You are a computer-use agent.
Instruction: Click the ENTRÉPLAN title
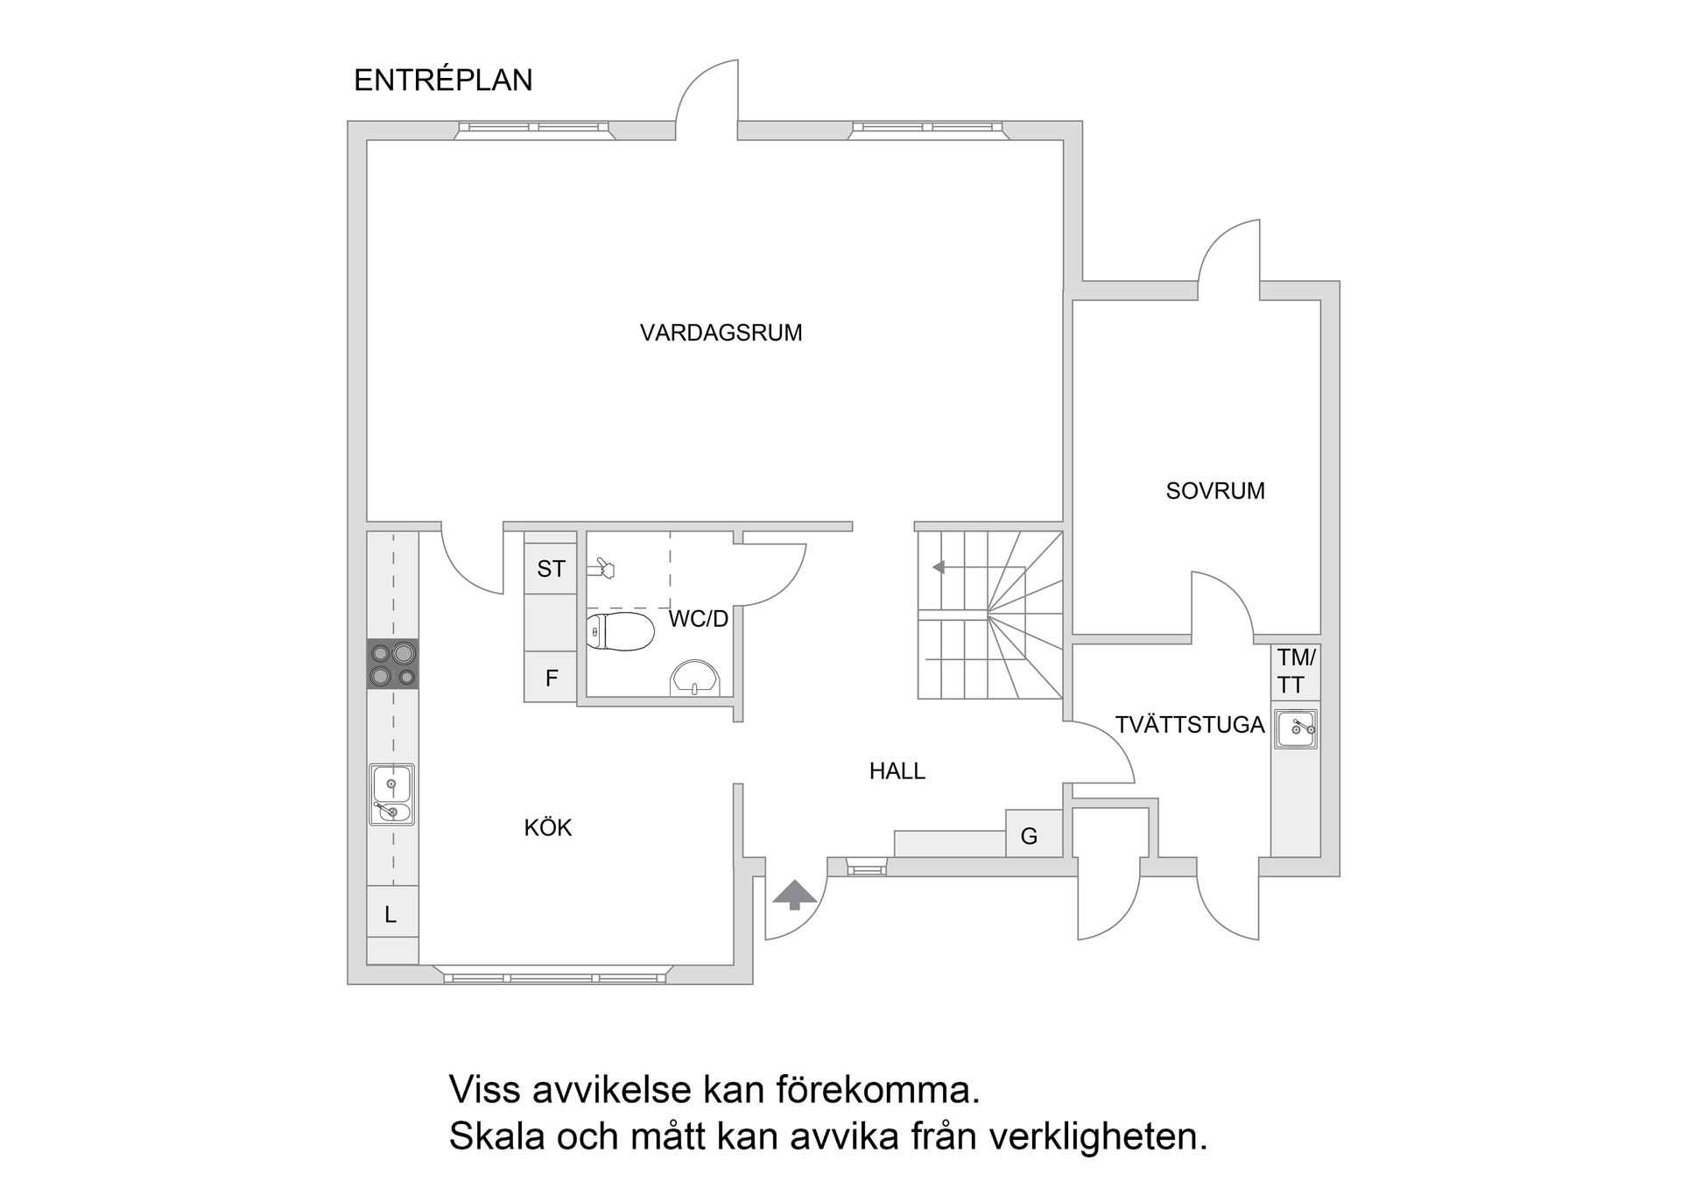point(443,81)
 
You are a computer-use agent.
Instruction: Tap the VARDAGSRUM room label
point(721,333)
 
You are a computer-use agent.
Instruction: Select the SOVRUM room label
point(1215,491)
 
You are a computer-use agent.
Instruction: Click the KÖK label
point(548,828)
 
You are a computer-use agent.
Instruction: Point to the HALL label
point(897,771)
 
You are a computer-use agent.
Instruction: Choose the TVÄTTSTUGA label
point(1189,725)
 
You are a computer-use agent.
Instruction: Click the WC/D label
point(698,619)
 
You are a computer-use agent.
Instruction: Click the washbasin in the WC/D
point(695,679)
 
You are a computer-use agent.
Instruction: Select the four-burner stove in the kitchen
point(392,664)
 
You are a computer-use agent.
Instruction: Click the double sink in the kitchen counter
point(392,794)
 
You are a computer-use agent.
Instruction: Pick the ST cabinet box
point(551,569)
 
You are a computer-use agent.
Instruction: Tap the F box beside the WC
point(551,678)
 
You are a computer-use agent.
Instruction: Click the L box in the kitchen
point(391,915)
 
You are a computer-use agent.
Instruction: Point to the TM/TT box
point(1296,671)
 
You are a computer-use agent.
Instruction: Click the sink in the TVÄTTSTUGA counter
point(1296,728)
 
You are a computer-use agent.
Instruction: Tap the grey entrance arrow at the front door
point(794,895)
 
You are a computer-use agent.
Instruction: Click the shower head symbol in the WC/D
point(601,569)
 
